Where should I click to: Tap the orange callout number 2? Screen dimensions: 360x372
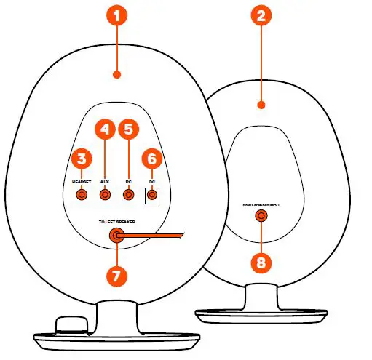click(x=261, y=16)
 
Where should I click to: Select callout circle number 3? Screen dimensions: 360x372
click(x=82, y=158)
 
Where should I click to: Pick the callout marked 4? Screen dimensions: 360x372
click(x=106, y=131)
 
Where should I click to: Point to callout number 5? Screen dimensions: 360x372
click(x=130, y=131)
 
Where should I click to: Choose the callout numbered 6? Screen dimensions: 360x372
click(x=151, y=158)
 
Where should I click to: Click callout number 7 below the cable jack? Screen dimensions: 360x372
click(x=116, y=276)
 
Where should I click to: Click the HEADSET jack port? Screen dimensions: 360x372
click(x=82, y=194)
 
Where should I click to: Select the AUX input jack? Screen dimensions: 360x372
click(x=106, y=194)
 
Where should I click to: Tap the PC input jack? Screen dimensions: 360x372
click(x=129, y=194)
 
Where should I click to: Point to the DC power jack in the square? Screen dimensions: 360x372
click(x=151, y=194)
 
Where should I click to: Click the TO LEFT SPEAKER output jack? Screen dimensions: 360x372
click(x=116, y=235)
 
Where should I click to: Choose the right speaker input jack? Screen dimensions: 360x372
click(x=261, y=216)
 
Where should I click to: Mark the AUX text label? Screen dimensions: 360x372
click(x=105, y=180)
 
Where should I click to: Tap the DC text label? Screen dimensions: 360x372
click(x=151, y=180)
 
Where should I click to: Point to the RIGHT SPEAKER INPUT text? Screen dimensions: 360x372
click(x=261, y=204)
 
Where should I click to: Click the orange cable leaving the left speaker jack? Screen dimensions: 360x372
click(x=157, y=235)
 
